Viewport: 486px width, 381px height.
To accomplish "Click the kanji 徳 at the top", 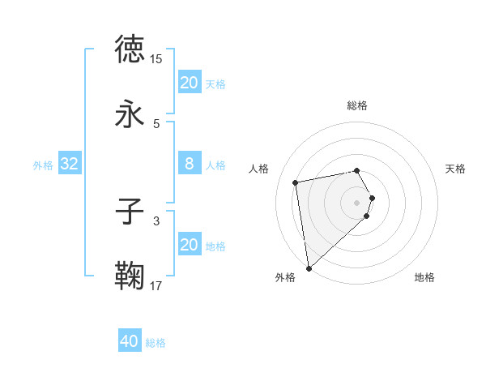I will [130, 49].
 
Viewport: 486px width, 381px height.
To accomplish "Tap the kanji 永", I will [130, 115].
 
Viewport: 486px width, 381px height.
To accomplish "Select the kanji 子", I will [130, 212].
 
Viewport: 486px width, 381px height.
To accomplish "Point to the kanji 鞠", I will [130, 276].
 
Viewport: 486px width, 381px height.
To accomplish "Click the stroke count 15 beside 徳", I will [156, 59].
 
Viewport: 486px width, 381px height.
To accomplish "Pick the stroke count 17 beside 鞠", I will [156, 285].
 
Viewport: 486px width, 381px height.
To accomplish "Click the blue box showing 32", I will [70, 165].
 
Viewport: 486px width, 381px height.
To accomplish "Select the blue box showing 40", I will [130, 342].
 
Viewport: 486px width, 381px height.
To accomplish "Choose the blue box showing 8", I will [190, 164].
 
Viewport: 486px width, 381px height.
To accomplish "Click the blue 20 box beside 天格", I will [190, 83].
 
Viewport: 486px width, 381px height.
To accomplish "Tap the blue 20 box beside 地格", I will [190, 245].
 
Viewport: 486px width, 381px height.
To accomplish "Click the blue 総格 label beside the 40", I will [156, 343].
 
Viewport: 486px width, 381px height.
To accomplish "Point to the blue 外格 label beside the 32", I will [43, 165].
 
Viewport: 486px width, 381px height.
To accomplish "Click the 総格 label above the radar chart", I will [357, 105].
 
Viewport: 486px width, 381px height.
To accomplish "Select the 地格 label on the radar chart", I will [424, 278].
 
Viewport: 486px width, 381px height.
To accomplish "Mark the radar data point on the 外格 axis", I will [309, 268].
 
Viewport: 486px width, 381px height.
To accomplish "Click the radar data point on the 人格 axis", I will [296, 182].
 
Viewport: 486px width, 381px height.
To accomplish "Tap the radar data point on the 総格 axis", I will [357, 170].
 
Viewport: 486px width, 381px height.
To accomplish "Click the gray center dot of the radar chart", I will [357, 202].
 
